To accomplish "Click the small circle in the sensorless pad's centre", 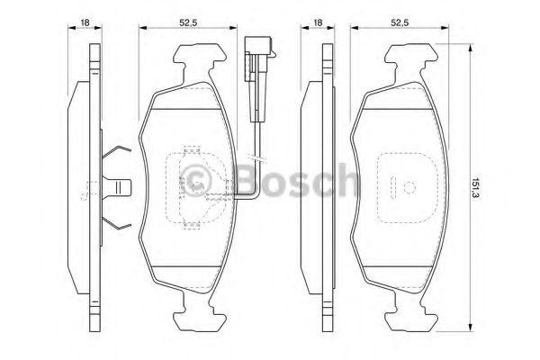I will click(x=407, y=188).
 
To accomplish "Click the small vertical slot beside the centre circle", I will click(x=393, y=189).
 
